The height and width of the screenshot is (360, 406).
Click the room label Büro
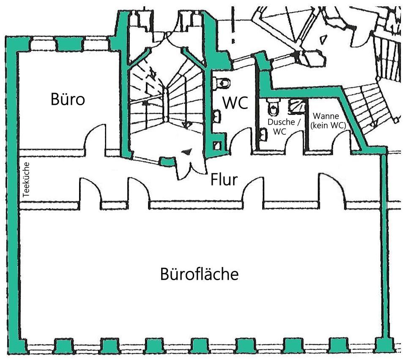tap(68, 100)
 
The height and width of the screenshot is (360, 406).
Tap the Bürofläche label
tap(199, 275)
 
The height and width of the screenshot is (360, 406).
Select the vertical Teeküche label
tap(26, 180)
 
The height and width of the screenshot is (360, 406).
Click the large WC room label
tap(235, 103)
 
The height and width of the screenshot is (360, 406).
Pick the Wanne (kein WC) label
tap(328, 120)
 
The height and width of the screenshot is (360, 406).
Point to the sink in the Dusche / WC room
tap(263, 134)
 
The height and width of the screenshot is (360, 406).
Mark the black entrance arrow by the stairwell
tap(186, 152)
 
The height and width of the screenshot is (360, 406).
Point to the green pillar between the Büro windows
tap(69, 44)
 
